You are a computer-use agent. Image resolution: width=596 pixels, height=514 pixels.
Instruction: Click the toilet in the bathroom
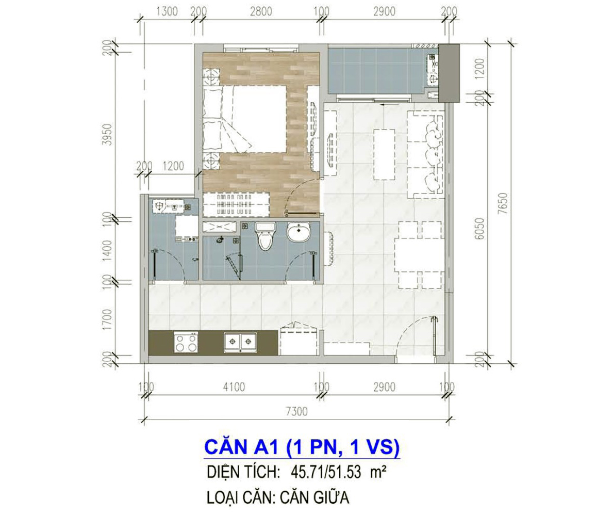(266, 236)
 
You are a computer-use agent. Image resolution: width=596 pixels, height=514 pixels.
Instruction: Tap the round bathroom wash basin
(299, 232)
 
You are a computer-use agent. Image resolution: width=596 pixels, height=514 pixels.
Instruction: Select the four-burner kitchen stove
(186, 342)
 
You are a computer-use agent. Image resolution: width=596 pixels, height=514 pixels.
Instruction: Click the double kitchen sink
(240, 341)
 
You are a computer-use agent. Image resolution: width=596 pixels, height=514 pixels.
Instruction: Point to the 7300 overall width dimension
(296, 412)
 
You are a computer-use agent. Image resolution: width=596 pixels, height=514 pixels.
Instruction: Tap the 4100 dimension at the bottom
(234, 388)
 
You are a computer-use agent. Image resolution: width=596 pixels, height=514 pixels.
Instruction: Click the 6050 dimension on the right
(479, 229)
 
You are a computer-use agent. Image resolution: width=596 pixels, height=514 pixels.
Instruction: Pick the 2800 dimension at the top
(261, 11)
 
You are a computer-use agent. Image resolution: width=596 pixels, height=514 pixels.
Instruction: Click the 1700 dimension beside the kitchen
(108, 319)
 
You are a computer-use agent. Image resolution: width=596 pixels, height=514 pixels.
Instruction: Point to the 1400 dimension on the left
(108, 250)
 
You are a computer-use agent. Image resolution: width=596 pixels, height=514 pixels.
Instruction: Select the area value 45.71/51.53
(326, 472)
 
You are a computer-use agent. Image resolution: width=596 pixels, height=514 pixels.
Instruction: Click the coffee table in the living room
(384, 154)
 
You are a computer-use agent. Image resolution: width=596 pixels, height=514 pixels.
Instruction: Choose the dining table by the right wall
(419, 254)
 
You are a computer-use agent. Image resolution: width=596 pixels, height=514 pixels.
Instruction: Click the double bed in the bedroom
(245, 119)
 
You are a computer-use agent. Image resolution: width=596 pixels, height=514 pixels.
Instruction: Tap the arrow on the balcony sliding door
(387, 104)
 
